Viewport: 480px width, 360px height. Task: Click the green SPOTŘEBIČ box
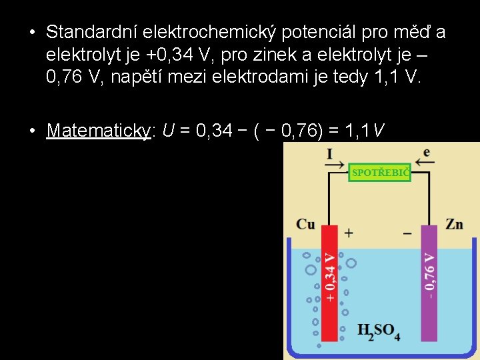tap(380, 173)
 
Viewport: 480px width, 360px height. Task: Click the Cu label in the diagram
tap(305, 224)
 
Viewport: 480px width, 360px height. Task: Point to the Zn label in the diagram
tap(454, 224)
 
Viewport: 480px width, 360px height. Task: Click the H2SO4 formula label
tap(379, 331)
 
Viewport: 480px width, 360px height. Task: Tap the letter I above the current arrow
tap(329, 154)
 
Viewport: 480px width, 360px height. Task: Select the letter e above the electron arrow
tap(426, 153)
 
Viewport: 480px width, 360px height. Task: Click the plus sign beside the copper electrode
tap(349, 233)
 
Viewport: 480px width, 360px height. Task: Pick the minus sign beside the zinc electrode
tap(408, 233)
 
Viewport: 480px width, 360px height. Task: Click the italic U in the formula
tap(168, 131)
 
